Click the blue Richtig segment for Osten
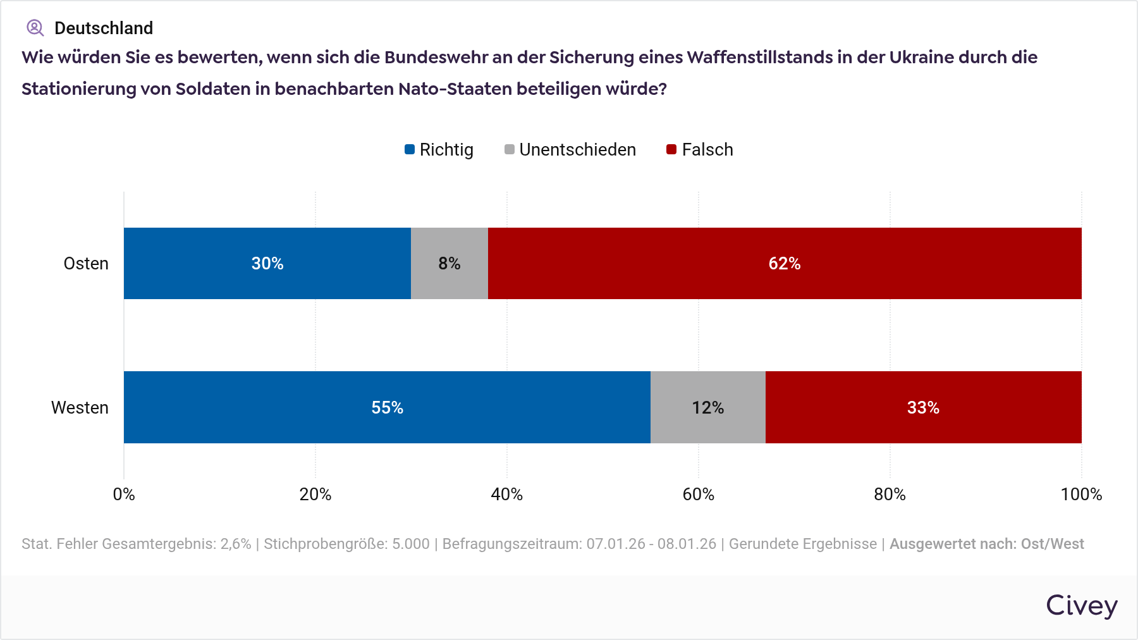tap(267, 263)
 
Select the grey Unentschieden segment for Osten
tap(449, 263)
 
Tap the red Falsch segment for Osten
tap(784, 263)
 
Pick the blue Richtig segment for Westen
tap(387, 407)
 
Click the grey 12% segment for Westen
tap(707, 407)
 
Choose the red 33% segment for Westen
tap(923, 407)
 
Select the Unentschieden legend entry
tap(570, 150)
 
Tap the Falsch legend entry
tap(700, 150)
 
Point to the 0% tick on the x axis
tap(124, 494)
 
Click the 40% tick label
tap(506, 494)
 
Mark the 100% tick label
tap(1080, 494)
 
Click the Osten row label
tap(86, 263)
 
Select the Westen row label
tap(80, 407)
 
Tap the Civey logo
tap(1081, 606)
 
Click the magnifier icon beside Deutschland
tap(35, 28)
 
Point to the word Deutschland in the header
tap(104, 28)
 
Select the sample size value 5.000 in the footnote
tap(410, 544)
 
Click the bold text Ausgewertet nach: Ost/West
tap(986, 544)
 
